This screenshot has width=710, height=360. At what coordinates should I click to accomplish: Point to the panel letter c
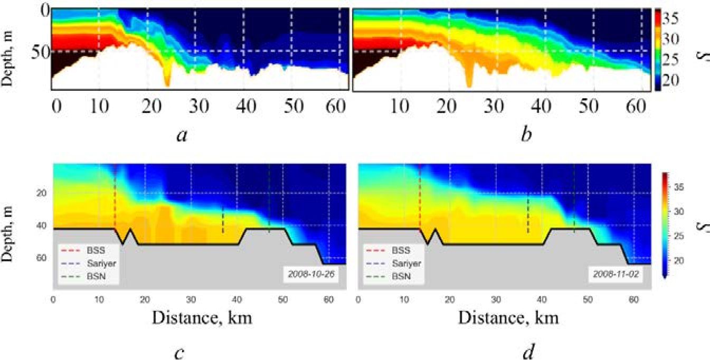click(x=178, y=352)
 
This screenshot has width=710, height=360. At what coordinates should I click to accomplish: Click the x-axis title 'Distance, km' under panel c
click(x=203, y=318)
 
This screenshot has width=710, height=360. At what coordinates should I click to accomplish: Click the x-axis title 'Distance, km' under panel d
click(x=508, y=318)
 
